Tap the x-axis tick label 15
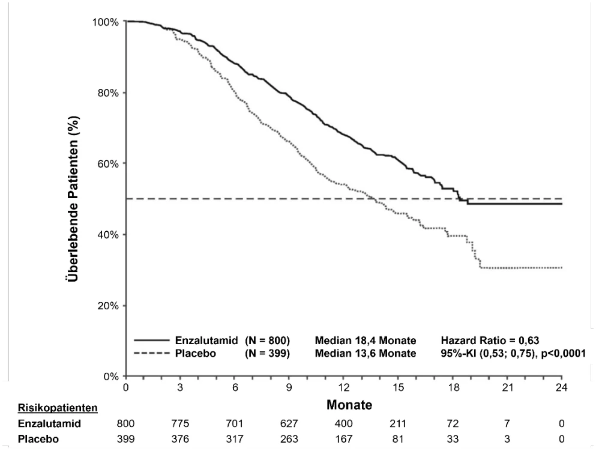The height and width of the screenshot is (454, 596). coord(398,387)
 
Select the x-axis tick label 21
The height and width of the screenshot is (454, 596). coord(507,387)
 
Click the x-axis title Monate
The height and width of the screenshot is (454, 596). coord(349,405)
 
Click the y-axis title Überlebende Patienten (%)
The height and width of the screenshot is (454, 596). coord(73,199)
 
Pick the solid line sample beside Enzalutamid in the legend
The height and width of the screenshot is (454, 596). coord(151,340)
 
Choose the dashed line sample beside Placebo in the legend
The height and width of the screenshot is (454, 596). coord(151,354)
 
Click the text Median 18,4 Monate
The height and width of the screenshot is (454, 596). coord(366,340)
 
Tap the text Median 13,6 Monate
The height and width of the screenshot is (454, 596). coord(366,354)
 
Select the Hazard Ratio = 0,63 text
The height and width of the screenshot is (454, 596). coord(490,340)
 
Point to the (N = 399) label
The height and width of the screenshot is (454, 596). coord(267,354)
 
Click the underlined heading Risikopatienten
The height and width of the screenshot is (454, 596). coord(58,408)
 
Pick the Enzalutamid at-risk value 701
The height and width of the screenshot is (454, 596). coord(235,423)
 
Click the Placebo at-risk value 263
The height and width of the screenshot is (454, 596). coord(289,439)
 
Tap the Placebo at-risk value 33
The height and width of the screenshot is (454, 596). coord(453,439)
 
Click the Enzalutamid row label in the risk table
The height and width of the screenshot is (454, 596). coord(49,423)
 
